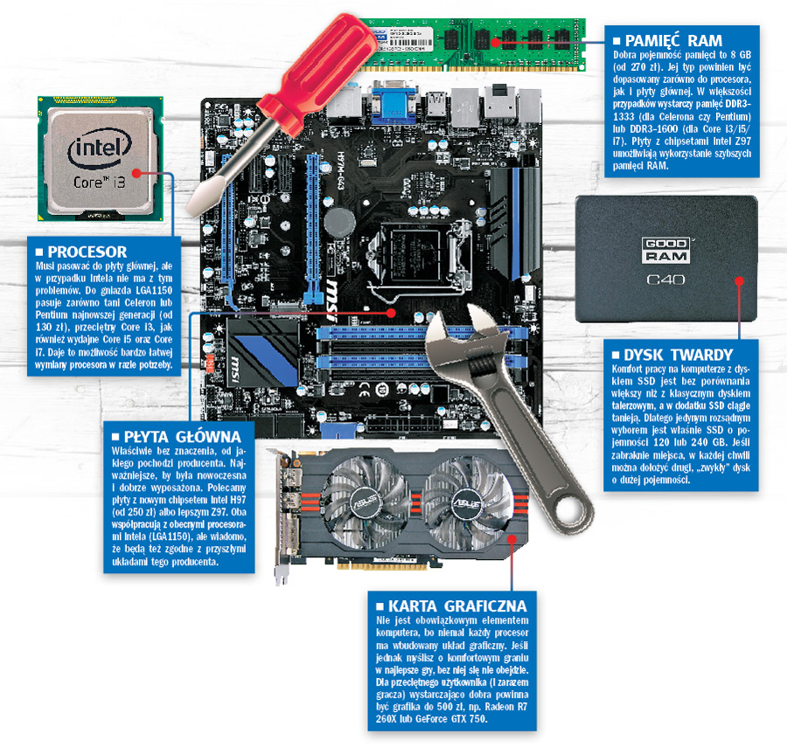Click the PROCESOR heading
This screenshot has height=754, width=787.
pos(87,251)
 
